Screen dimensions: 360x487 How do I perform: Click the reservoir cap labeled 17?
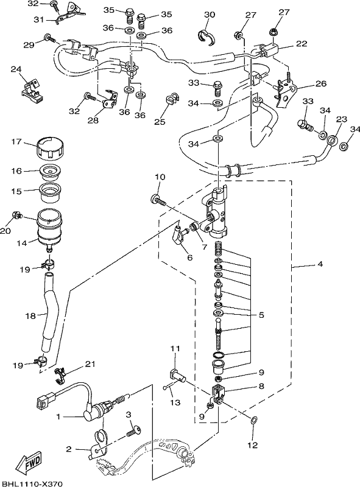pyautogui.click(x=50, y=147)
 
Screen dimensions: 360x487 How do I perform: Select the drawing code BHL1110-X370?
pyautogui.click(x=32, y=483)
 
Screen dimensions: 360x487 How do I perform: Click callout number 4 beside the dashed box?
pyautogui.click(x=320, y=264)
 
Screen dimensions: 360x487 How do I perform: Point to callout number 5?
pyautogui.click(x=261, y=315)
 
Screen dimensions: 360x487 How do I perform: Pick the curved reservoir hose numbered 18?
pyautogui.click(x=48, y=314)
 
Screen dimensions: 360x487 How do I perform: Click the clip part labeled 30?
pyautogui.click(x=206, y=37)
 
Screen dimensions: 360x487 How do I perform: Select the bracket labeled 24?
pyautogui.click(x=32, y=91)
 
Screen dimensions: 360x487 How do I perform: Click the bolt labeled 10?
pyautogui.click(x=159, y=200)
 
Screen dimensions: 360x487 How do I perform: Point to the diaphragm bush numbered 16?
pyautogui.click(x=50, y=172)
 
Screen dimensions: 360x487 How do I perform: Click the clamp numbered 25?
pyautogui.click(x=171, y=98)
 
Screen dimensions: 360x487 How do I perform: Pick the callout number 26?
pyautogui.click(x=321, y=83)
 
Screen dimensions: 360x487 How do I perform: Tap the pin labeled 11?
pyautogui.click(x=177, y=375)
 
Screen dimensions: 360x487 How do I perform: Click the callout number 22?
pyautogui.click(x=302, y=43)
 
